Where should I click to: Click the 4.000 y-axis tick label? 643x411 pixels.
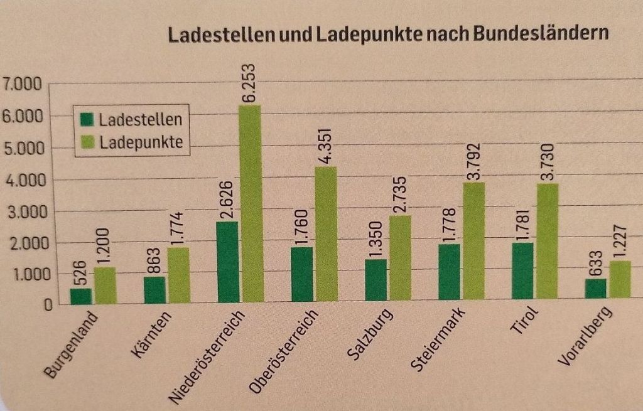click(x=21, y=181)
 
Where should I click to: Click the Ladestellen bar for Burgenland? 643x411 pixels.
click(x=81, y=297)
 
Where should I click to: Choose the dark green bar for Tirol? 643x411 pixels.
click(x=522, y=271)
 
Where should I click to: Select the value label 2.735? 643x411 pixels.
click(x=399, y=195)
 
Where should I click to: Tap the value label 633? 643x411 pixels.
click(x=595, y=262)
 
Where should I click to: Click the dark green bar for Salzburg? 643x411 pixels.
click(x=376, y=280)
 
